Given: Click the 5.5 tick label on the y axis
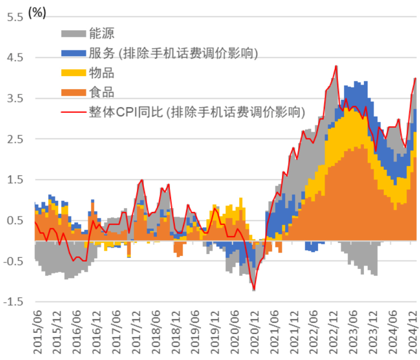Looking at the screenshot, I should click(x=15, y=17).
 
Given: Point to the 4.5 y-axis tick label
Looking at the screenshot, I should click(x=15, y=58).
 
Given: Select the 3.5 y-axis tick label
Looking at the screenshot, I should click(x=15, y=98).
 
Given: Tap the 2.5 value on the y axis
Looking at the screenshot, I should click(x=15, y=139).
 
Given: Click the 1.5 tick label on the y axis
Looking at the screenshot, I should click(x=15, y=180).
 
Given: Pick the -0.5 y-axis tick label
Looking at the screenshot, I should click(x=13, y=261).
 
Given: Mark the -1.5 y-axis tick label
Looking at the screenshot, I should click(x=13, y=302).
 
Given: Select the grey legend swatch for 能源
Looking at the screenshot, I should click(x=73, y=33).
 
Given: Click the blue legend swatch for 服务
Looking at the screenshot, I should click(x=73, y=53).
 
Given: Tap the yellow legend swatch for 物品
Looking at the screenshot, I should click(x=73, y=73).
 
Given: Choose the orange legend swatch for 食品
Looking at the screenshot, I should click(x=73, y=92).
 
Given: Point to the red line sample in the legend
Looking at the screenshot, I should click(x=73, y=112).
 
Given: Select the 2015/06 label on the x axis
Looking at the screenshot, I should click(x=38, y=332).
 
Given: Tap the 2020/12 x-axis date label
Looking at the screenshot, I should click(x=255, y=332).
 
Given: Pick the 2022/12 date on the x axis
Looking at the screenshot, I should click(x=333, y=332).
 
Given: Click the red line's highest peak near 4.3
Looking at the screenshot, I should click(x=336, y=66).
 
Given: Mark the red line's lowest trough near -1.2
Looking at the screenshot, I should click(x=254, y=290).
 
